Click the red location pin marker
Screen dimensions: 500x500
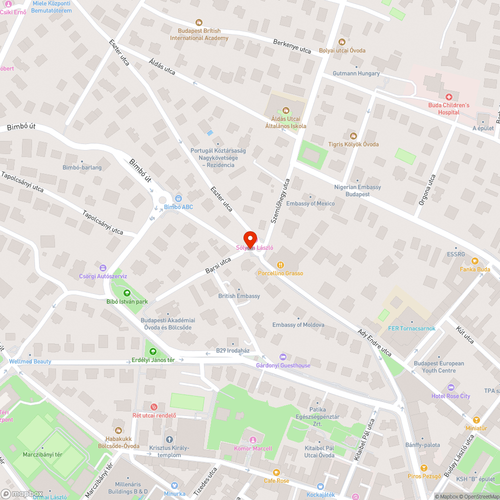coord(250,238)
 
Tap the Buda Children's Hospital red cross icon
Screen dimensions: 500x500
coord(448,96)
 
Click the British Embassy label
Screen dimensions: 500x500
coord(239,296)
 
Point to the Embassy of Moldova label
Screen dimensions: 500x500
coord(298,325)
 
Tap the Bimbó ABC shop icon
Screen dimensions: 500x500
coord(178,198)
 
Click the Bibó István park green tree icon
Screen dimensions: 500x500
coord(126,293)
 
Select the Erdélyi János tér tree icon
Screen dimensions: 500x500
coord(152,351)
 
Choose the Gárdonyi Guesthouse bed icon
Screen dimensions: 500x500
coord(283,356)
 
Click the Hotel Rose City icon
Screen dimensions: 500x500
coord(450,387)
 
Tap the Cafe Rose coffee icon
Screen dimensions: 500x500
coord(276,472)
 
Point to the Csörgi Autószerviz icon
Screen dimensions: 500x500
coord(103,267)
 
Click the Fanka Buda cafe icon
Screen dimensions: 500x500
coord(474,260)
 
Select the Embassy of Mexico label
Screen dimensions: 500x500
coord(310,203)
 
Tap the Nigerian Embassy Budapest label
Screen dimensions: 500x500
coord(357,190)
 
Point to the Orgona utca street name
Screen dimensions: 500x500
coord(426,190)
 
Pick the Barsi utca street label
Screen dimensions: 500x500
coord(218,265)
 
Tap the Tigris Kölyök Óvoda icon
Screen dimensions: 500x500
coord(353,135)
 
